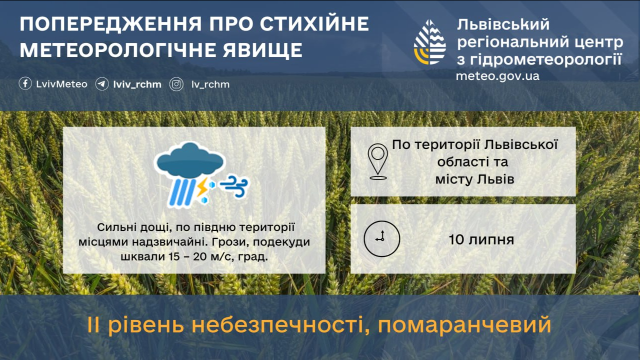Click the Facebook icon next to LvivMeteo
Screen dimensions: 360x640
point(25,84)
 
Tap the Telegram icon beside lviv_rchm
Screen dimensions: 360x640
point(102,84)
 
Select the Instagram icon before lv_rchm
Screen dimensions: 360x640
point(176,84)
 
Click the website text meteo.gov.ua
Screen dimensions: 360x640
point(497,76)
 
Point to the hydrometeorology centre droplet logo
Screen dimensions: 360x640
point(430,42)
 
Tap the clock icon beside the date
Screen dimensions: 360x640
point(382,238)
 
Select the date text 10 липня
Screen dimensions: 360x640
point(481,239)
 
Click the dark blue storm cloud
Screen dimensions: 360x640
point(189,161)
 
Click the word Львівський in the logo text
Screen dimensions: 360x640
point(503,24)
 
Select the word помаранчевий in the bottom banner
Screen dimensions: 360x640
point(464,325)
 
